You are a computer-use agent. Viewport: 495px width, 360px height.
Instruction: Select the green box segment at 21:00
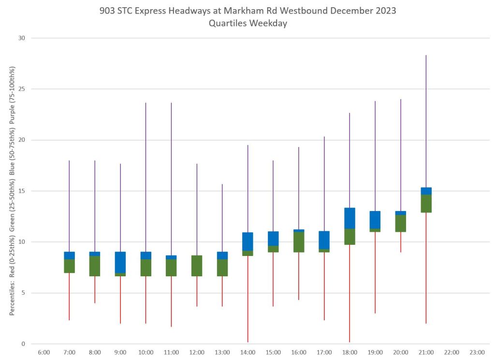tap(426, 203)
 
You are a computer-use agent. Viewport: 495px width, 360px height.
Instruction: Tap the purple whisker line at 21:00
tap(426, 121)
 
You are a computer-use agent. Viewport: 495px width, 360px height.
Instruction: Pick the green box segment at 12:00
tap(197, 266)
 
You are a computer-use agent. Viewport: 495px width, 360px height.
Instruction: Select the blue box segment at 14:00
tap(247, 241)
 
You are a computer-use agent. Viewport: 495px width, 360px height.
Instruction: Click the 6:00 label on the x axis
tap(44, 352)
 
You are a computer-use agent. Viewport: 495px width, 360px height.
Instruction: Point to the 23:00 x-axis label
tap(477, 352)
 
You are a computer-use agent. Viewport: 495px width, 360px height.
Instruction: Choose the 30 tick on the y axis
tap(21, 38)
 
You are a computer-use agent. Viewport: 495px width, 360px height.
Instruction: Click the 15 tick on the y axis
tap(21, 191)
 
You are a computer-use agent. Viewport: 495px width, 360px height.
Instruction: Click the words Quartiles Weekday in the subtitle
tap(247, 23)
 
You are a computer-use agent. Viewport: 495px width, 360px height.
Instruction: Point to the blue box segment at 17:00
tap(324, 240)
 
